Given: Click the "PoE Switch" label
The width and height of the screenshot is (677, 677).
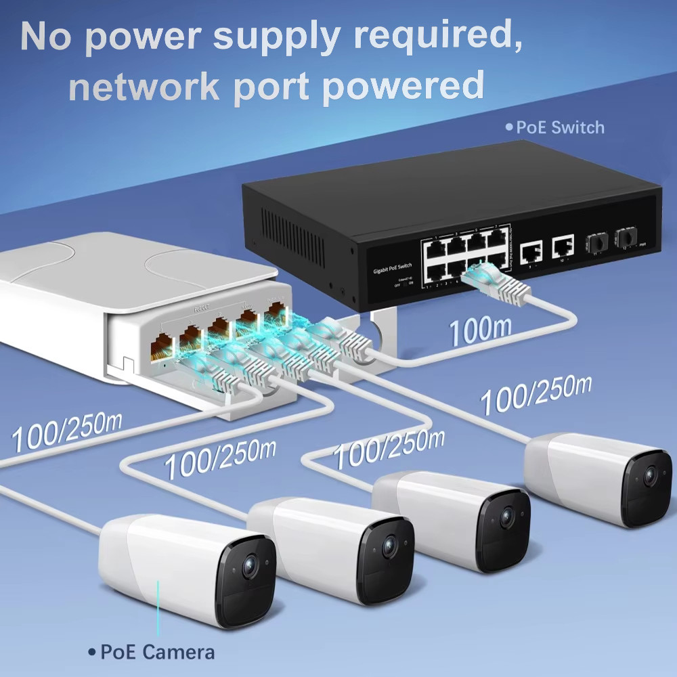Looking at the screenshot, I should pyautogui.click(x=560, y=127).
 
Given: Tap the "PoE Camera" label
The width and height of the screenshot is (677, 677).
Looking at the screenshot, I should pyautogui.click(x=157, y=653).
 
